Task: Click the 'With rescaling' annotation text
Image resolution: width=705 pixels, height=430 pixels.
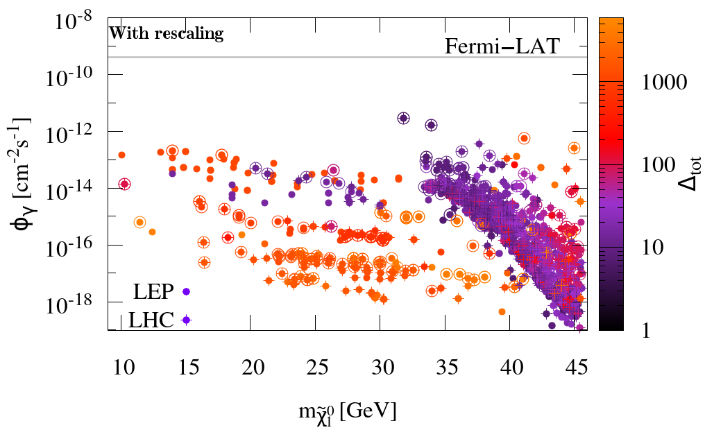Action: point(167,33)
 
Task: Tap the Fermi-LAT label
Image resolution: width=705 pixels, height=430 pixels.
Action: point(502,46)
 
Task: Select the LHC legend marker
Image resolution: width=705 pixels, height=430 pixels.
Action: point(186,320)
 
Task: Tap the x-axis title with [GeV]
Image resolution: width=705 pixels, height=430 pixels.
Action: point(345,411)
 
